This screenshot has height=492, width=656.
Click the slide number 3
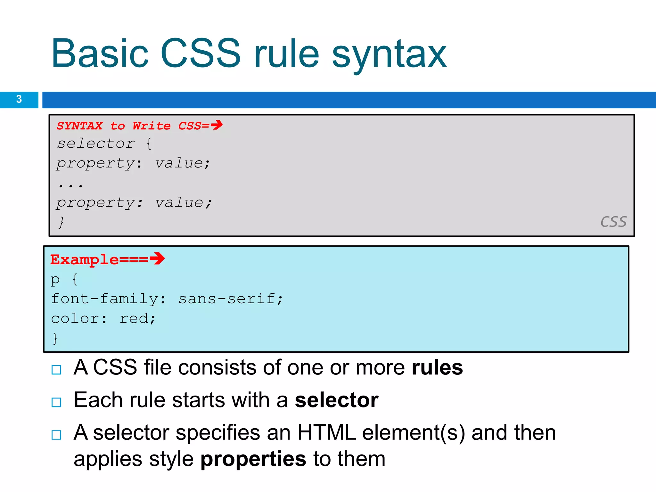[x=19, y=99]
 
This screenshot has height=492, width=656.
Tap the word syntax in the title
[x=389, y=54]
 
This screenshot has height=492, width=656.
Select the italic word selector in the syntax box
[x=96, y=143]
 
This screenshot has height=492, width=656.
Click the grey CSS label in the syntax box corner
[x=613, y=222]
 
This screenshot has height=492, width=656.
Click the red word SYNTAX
[x=80, y=126]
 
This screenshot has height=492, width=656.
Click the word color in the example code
[x=75, y=319]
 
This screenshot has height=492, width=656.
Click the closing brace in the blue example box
[x=55, y=338]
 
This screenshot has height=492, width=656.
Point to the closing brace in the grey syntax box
[x=61, y=222]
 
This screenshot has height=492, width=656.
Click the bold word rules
[x=437, y=367]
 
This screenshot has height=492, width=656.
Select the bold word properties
[x=253, y=459]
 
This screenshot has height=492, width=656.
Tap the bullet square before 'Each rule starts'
[x=56, y=402]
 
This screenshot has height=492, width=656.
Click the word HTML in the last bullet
[x=326, y=433]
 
